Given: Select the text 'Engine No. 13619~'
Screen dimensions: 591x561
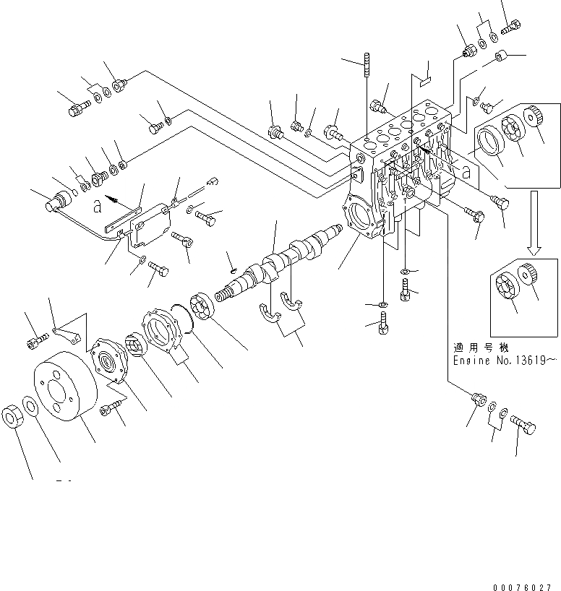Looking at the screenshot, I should coord(505,359).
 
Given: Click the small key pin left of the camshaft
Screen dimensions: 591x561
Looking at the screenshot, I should coord(231,271).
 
